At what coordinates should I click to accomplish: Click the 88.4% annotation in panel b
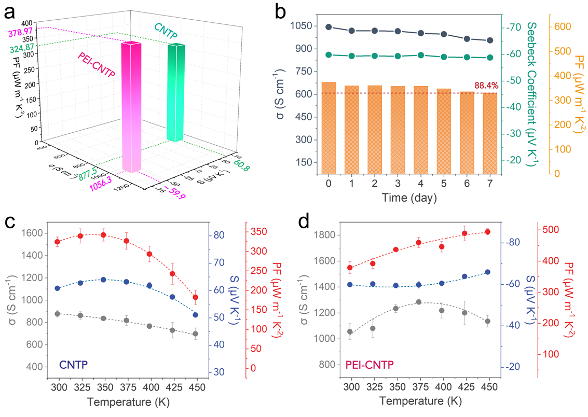[x=485, y=86]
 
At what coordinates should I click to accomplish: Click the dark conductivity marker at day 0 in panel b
[x=329, y=27]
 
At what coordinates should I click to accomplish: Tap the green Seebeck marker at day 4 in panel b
[x=421, y=55]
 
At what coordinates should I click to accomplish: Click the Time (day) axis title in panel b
[x=409, y=198]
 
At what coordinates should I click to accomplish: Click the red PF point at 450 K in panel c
[x=232, y=297]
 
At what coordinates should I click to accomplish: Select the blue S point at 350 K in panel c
[x=103, y=280]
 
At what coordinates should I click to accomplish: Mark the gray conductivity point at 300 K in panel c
[x=58, y=314]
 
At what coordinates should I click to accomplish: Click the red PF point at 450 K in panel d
[x=487, y=232]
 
